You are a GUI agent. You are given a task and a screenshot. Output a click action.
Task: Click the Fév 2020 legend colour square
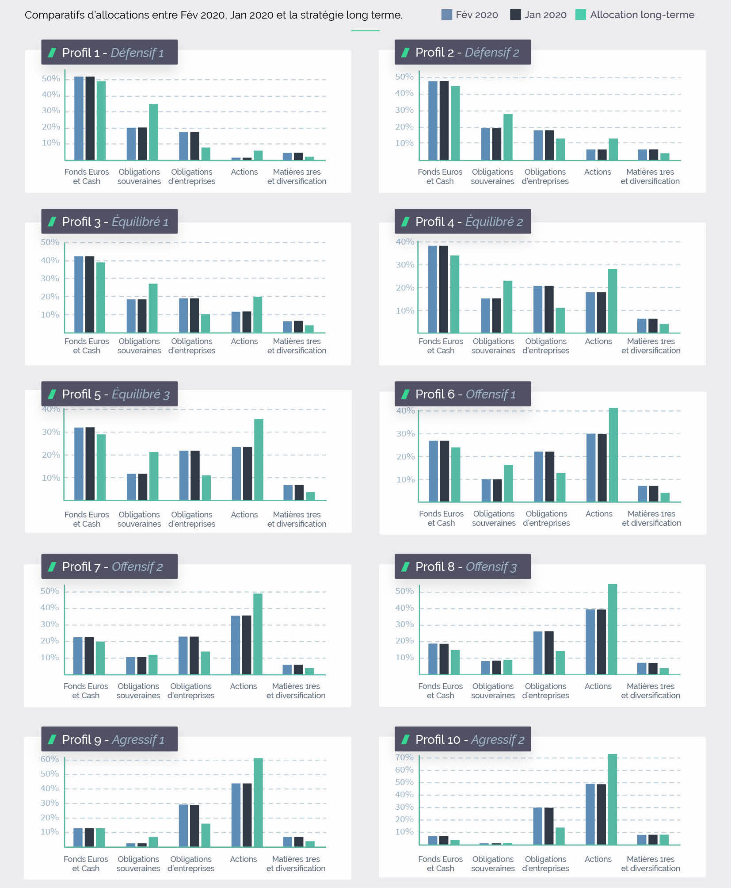point(446,15)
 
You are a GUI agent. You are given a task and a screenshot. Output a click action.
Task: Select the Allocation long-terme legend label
point(642,15)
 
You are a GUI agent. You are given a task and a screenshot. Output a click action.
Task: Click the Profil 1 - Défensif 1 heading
point(113,53)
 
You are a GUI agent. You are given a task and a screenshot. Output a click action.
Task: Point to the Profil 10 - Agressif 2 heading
point(470,739)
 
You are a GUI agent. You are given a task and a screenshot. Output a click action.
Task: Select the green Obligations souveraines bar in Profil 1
point(153,132)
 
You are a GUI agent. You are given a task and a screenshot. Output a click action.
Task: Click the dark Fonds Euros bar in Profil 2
point(444,120)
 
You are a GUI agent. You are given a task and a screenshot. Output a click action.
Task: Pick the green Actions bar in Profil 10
point(612,799)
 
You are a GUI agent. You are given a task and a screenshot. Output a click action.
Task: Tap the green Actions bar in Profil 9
point(258,802)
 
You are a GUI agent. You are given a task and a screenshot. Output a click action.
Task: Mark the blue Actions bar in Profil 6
point(591,467)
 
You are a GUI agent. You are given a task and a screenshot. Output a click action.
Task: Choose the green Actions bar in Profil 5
point(259,459)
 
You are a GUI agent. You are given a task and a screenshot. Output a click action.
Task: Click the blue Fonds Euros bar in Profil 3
point(79,294)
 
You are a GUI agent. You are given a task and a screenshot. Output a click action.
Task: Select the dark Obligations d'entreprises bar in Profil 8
point(549,653)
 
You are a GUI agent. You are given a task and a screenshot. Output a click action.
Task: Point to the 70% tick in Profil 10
point(404,757)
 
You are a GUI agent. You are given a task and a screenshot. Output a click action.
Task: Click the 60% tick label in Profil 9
point(49,759)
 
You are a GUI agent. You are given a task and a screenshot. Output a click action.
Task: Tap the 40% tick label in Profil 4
point(405,242)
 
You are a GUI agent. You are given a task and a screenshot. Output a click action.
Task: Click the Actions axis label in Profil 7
point(243,686)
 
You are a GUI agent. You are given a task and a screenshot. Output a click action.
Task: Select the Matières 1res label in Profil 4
point(651,341)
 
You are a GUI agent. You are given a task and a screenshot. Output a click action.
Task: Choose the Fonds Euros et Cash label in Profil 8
point(440,690)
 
